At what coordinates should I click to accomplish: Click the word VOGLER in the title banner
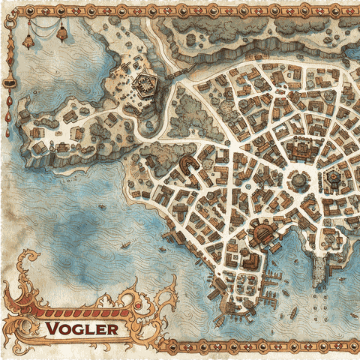(x=82, y=328)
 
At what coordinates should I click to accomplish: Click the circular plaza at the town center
(x=298, y=180)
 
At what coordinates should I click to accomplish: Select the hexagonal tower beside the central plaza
(x=331, y=178)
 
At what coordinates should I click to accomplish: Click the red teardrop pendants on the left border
(x=9, y=120)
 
